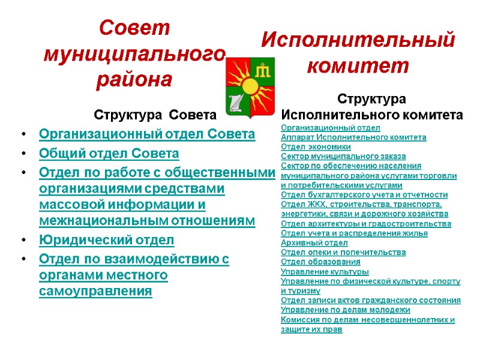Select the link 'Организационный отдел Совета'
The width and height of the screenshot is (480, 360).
pyautogui.click(x=147, y=134)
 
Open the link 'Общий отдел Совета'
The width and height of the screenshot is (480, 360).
pyautogui.click(x=109, y=154)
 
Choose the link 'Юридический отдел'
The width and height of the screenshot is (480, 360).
pyautogui.click(x=107, y=241)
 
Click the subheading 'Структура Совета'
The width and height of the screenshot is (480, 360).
pyautogui.click(x=155, y=115)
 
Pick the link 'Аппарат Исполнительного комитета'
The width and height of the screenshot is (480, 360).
pyautogui.click(x=353, y=137)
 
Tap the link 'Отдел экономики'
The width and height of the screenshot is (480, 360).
pyautogui.click(x=316, y=147)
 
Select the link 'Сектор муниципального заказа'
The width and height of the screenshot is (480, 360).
pyautogui.click(x=343, y=157)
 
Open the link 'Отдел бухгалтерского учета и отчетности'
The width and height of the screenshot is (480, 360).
pyautogui.click(x=364, y=195)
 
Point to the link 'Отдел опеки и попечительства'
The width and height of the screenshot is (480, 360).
pyautogui.click(x=343, y=253)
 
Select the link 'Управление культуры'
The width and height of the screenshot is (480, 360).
pyautogui.click(x=325, y=272)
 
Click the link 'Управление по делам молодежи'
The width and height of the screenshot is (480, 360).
pyautogui.click(x=345, y=310)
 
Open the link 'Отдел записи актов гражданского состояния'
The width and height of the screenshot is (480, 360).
pyautogui.click(x=370, y=301)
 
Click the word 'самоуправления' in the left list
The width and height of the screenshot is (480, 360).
pyautogui.click(x=95, y=292)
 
